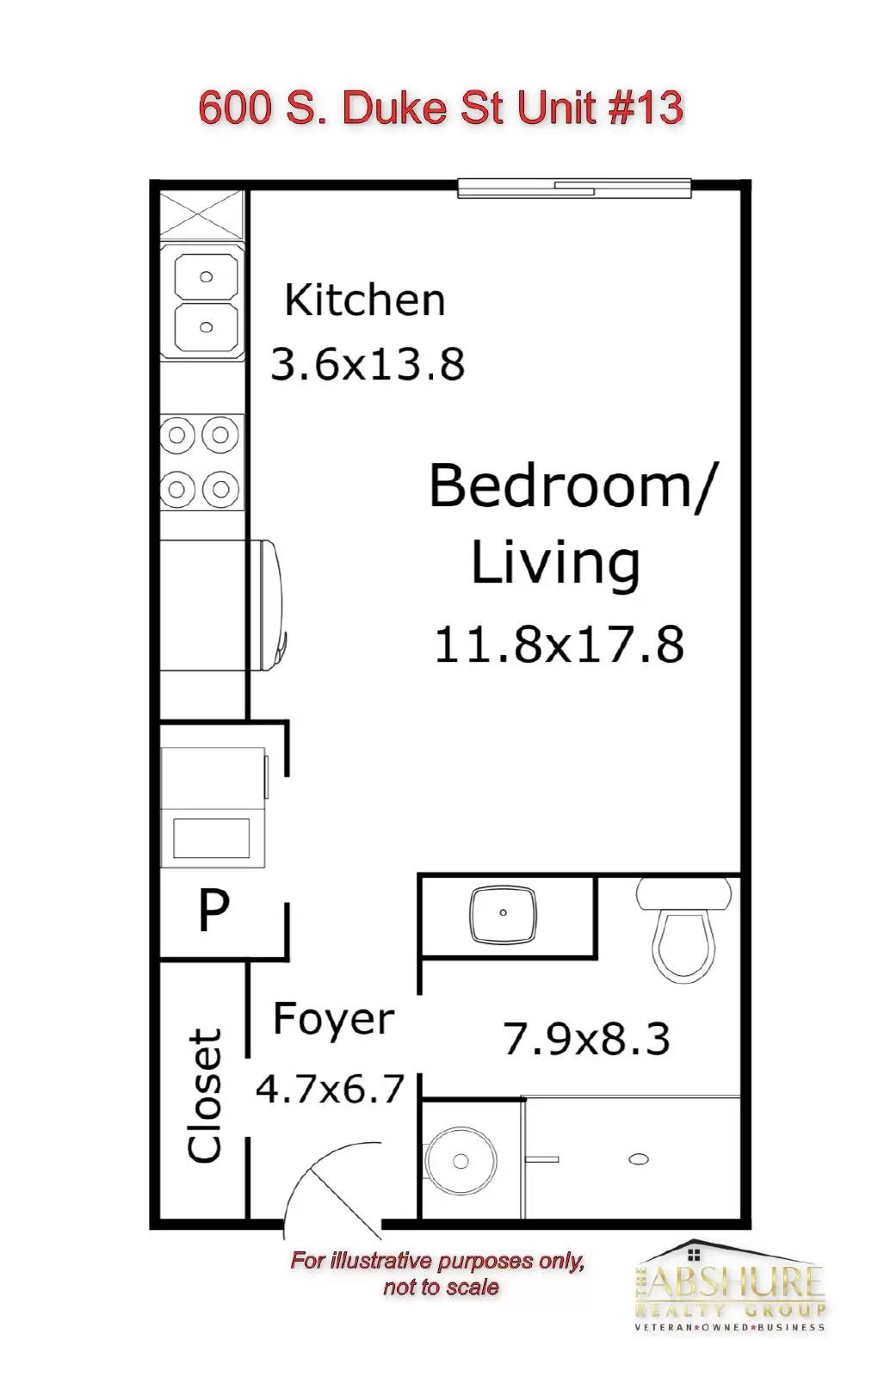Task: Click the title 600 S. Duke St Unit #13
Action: [x=441, y=108]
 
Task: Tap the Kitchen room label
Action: [x=365, y=300]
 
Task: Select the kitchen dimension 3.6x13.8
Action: [x=368, y=364]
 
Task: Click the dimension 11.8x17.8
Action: [x=559, y=645]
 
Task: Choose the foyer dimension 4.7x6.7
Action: [x=330, y=1089]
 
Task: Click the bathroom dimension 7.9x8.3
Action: [x=586, y=1038]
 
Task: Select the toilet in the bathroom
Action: [x=683, y=929]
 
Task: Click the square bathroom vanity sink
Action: [x=503, y=914]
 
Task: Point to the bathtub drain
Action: [x=640, y=1159]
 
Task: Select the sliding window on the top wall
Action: [x=574, y=188]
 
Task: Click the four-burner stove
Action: [x=201, y=461]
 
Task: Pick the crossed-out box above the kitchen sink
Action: [x=201, y=214]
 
